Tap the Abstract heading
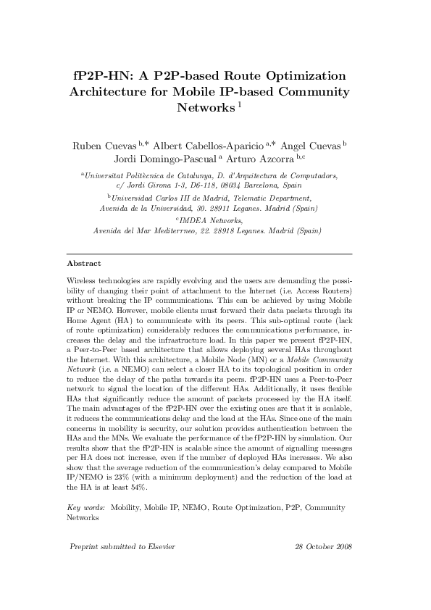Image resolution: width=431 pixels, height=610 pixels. click(83, 264)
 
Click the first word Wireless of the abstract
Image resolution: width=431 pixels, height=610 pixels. click(83, 280)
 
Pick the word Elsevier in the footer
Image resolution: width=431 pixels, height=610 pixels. click(159, 546)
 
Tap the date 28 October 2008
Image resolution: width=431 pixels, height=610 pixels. click(324, 546)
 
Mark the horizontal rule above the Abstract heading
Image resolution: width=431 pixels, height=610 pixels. click(209, 254)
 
